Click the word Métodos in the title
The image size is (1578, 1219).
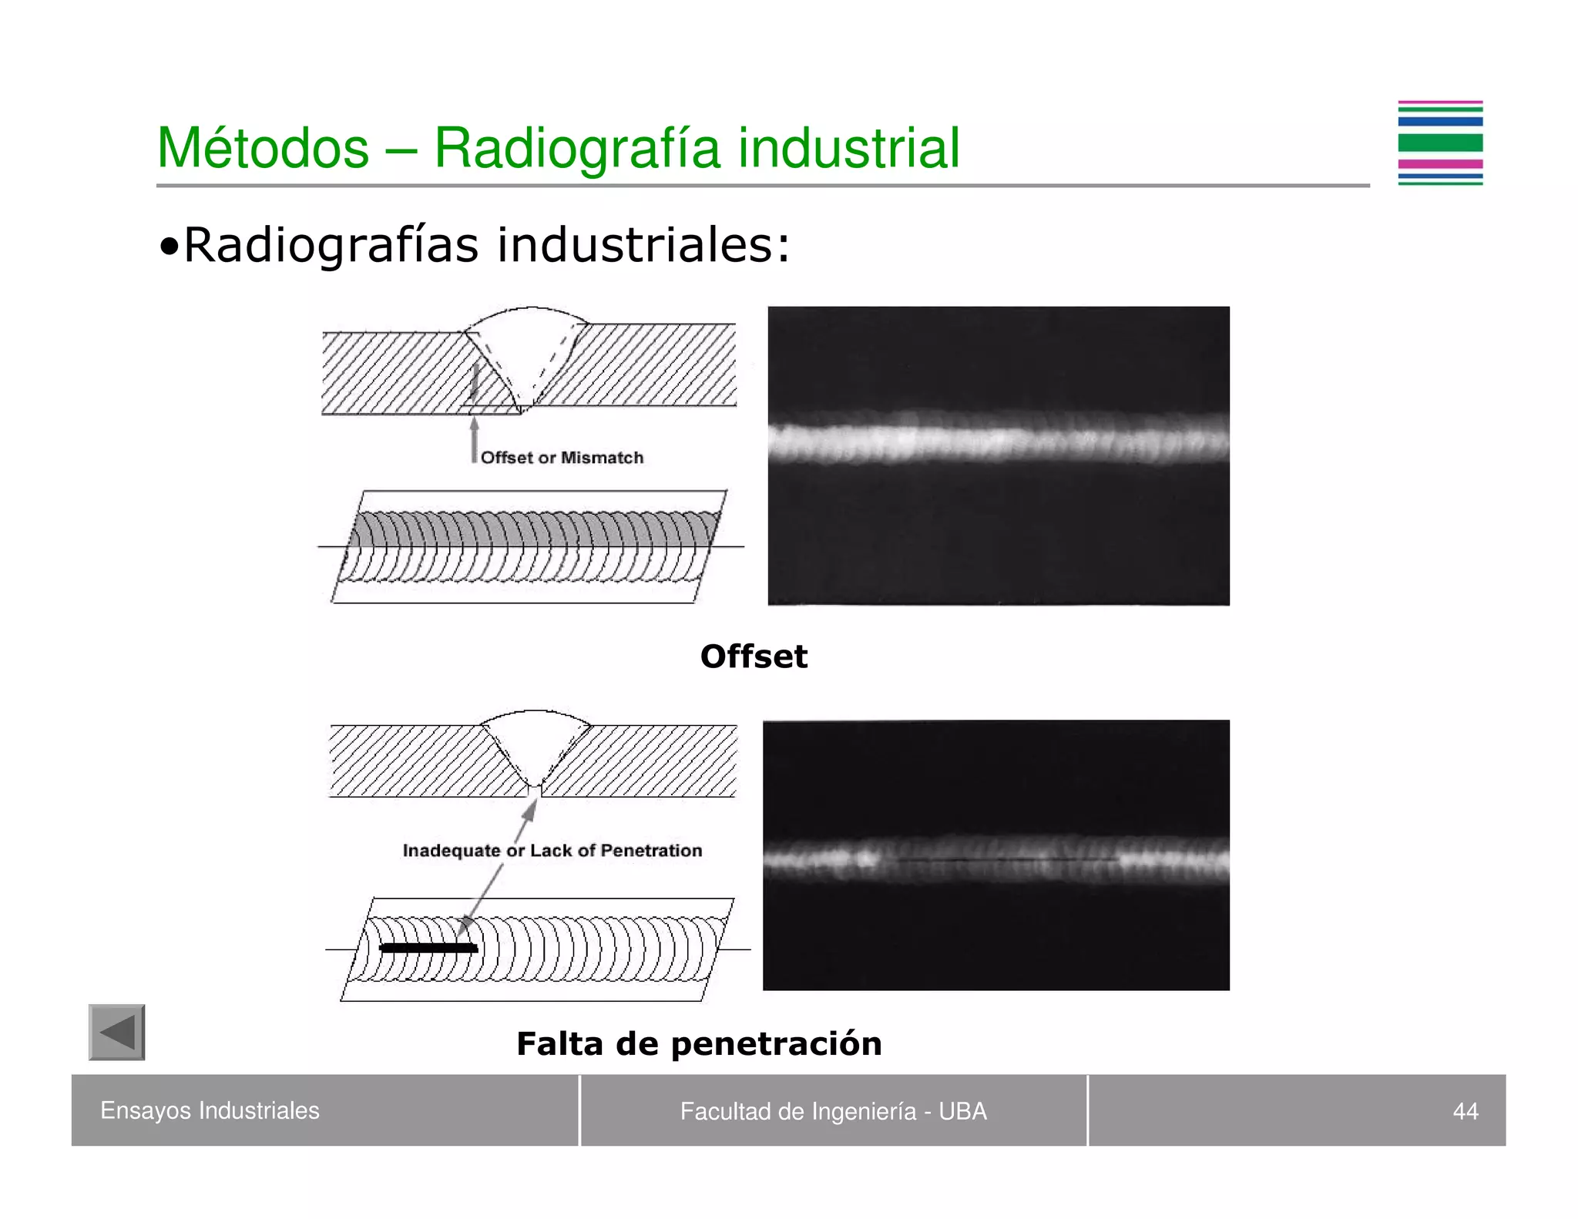pos(263,148)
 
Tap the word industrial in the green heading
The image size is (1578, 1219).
pos(848,148)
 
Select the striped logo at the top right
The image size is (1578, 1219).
pos(1439,143)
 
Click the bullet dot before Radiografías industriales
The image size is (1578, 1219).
pos(169,247)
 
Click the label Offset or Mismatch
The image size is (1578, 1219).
pos(562,458)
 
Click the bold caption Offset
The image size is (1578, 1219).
pos(754,657)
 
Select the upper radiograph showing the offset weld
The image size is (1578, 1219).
pos(999,455)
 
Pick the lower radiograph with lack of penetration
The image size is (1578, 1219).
pos(995,855)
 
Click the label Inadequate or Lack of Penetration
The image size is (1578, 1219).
pos(552,851)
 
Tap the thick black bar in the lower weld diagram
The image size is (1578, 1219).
pos(428,949)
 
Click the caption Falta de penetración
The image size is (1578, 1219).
pos(699,1044)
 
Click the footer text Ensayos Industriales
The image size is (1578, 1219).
pos(210,1110)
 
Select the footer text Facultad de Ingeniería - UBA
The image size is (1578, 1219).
pos(833,1111)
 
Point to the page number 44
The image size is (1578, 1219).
pos(1465,1111)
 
